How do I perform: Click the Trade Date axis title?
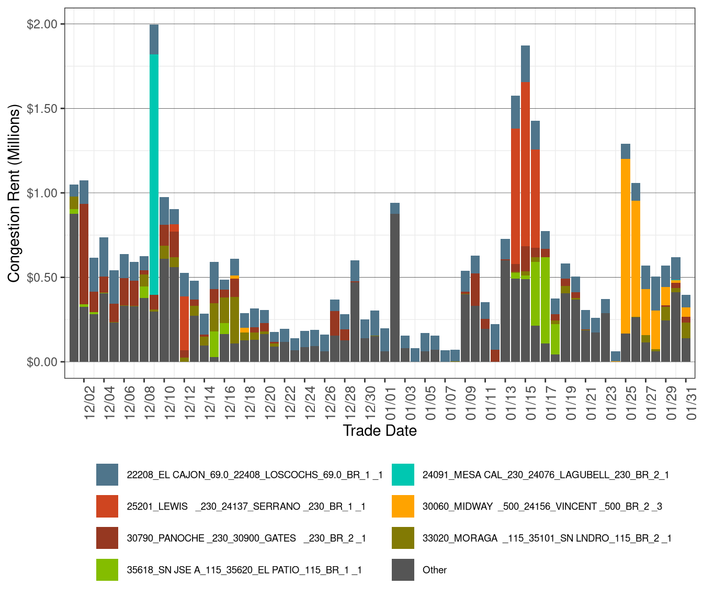[x=380, y=431]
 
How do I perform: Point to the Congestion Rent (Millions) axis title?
[x=14, y=193]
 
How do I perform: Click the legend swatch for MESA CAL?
[x=403, y=475]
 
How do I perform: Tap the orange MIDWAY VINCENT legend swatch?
[x=403, y=507]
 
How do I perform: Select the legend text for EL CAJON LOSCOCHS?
[x=255, y=475]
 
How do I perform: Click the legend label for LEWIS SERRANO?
[x=246, y=507]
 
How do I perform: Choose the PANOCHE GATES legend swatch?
[x=107, y=538]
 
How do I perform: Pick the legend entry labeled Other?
[x=434, y=570]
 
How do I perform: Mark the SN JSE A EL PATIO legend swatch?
[x=107, y=570]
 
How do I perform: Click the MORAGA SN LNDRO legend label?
[x=547, y=538]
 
